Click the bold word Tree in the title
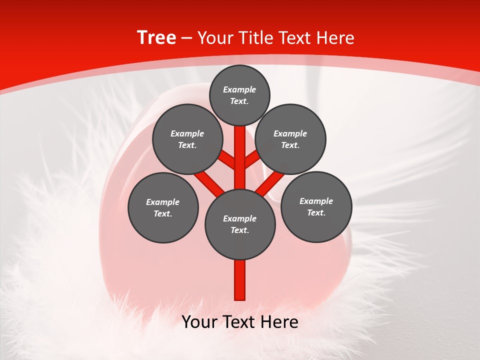pyautogui.click(x=156, y=37)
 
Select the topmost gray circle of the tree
pyautogui.click(x=239, y=95)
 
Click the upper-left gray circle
pyautogui.click(x=187, y=139)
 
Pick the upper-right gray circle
pyautogui.click(x=290, y=139)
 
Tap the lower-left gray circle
pyautogui.click(x=163, y=207)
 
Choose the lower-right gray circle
pyautogui.click(x=316, y=206)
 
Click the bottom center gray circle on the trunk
pyautogui.click(x=240, y=224)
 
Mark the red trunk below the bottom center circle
pyautogui.click(x=240, y=280)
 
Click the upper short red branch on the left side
pyautogui.click(x=227, y=160)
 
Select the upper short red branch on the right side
pyautogui.click(x=252, y=159)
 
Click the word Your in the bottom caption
pyautogui.click(x=199, y=322)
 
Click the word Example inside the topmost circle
pyautogui.click(x=239, y=89)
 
